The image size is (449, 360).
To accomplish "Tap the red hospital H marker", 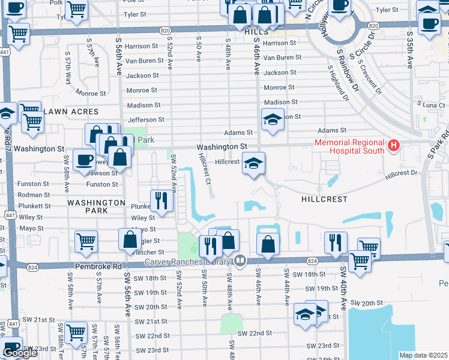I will click(393, 146).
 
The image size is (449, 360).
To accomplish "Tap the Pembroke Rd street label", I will click(99, 266).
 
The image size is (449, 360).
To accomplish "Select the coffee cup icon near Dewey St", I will click(83, 160).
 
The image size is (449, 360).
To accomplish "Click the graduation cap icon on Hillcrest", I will click(253, 163).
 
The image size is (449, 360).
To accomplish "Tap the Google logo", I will click(20, 353).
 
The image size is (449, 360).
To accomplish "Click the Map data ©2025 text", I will click(423, 355).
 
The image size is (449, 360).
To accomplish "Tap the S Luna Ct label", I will click(433, 105).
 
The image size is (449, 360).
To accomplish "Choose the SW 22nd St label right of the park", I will click(255, 332).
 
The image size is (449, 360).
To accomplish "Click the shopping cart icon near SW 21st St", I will click(76, 331).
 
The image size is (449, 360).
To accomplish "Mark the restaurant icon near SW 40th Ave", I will click(335, 242).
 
